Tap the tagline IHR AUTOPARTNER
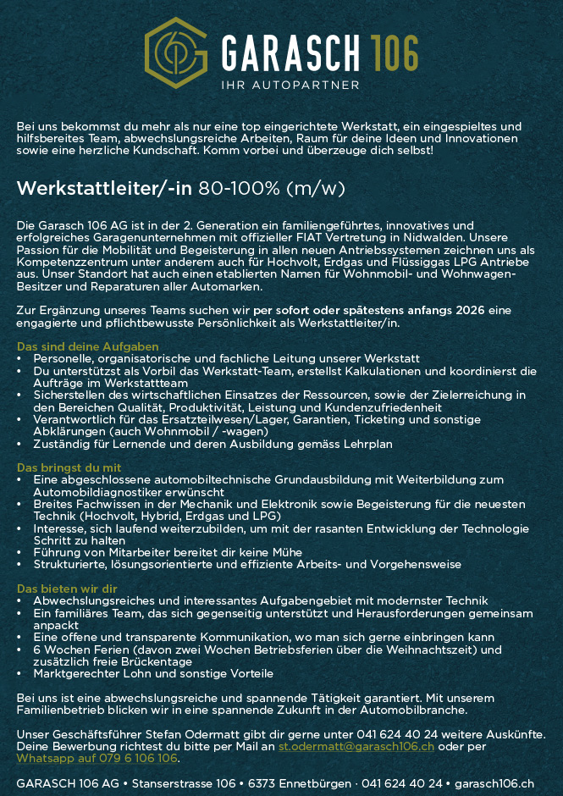(x=290, y=85)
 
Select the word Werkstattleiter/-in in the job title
(x=104, y=188)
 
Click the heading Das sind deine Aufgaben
(x=87, y=347)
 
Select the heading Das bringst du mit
(x=69, y=467)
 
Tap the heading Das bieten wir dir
(x=67, y=589)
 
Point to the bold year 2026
(x=469, y=311)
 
